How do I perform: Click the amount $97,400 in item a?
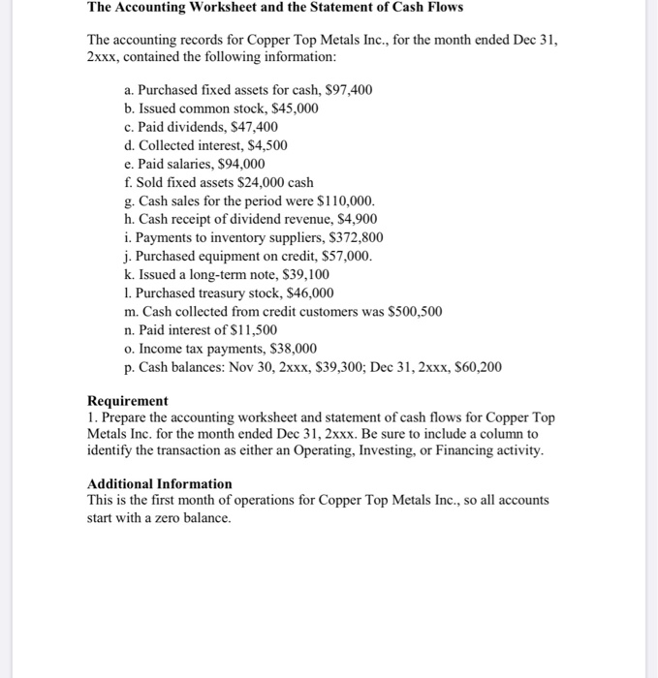coord(349,90)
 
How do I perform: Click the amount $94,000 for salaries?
coord(241,164)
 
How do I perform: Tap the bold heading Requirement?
coord(127,400)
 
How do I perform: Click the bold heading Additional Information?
coord(160,483)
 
